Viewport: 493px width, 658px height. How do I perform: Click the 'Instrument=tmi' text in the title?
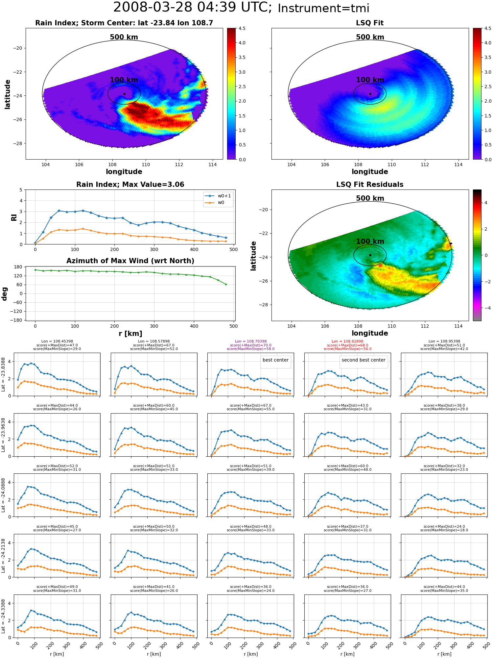[x=323, y=8]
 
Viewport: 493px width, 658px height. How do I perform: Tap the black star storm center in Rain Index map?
[x=124, y=94]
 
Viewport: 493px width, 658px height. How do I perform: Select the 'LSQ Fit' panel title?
[x=370, y=23]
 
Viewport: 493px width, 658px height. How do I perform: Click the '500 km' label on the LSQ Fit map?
[x=370, y=37]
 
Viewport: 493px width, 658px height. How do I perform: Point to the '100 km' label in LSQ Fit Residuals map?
[x=370, y=241]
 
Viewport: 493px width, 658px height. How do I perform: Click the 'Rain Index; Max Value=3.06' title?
[x=130, y=185]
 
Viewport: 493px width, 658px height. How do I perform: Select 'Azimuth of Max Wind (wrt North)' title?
[x=130, y=261]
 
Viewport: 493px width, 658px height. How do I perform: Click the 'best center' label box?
[x=275, y=360]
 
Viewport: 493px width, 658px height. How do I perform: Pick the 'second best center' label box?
[x=364, y=360]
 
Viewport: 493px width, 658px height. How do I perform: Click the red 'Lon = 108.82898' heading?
[x=347, y=342]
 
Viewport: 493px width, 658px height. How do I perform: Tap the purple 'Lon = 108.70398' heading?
[x=251, y=342]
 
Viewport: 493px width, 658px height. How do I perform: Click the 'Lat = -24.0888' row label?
[x=3, y=495]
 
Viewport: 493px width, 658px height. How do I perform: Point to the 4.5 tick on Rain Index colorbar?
[x=242, y=28]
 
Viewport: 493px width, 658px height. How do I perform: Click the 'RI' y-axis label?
[x=14, y=217]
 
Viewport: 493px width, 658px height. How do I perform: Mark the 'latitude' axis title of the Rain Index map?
[x=7, y=94]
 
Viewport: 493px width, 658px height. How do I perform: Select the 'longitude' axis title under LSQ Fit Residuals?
[x=370, y=333]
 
